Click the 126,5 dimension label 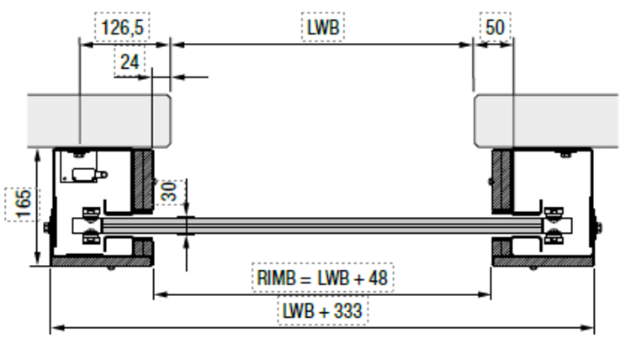coord(122,29)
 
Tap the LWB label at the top coord(323,28)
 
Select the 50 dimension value coord(495,28)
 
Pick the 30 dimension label coord(169,191)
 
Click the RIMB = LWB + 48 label coord(323,276)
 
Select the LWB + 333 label coord(322,310)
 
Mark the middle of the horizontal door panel coord(322,225)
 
